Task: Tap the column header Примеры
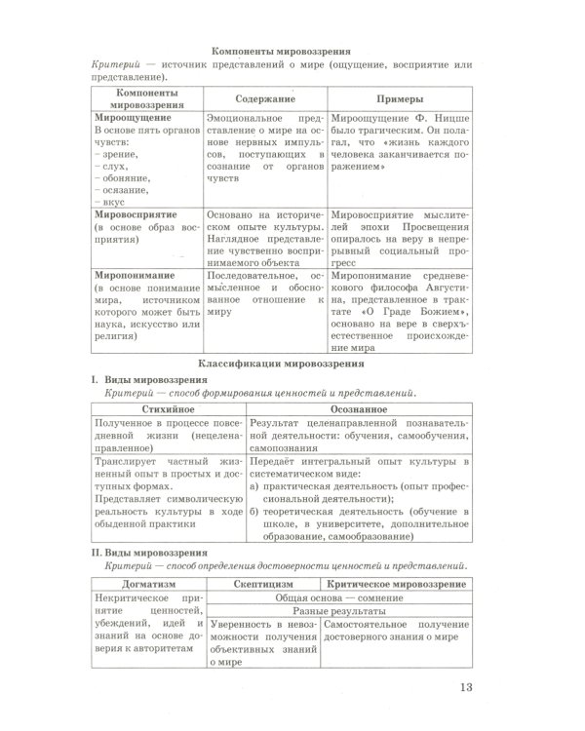tap(400, 100)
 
